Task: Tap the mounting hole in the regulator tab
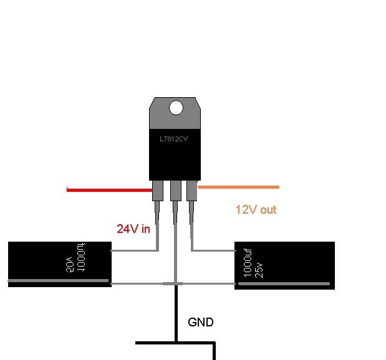pos(176,108)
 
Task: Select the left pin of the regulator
pos(158,191)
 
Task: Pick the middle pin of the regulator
pos(175,191)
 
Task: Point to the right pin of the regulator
pos(191,191)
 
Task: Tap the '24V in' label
pos(133,229)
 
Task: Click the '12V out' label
pos(256,210)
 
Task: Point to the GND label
pos(201,323)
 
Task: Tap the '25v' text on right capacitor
pos(259,269)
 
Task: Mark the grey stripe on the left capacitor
pos(59,282)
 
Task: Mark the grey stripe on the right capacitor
pos(284,284)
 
